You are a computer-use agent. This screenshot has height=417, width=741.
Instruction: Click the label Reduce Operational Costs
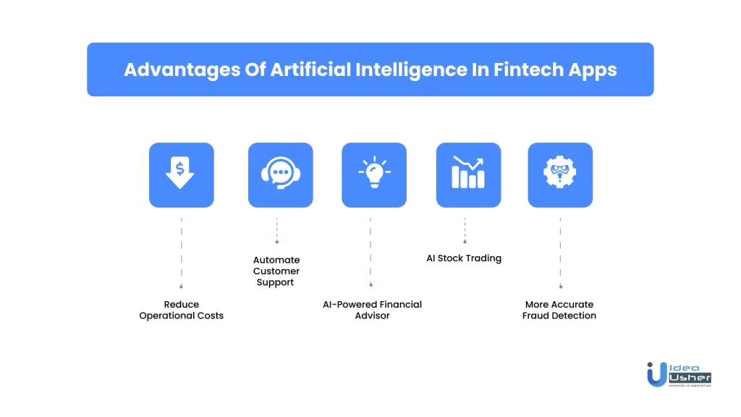coord(182,310)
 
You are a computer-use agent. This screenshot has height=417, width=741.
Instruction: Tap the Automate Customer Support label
coord(276,271)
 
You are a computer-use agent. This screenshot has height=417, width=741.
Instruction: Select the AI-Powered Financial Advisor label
coord(373,310)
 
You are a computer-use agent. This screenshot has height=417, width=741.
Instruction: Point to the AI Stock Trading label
coord(464,258)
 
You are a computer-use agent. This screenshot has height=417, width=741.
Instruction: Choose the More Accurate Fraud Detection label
coord(559,310)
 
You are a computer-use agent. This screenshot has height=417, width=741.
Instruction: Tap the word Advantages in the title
coord(182,70)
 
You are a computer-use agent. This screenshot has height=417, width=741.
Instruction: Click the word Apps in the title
coord(593,70)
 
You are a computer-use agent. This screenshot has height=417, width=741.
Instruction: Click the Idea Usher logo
coord(679,375)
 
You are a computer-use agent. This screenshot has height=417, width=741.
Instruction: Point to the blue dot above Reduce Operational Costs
coord(181,287)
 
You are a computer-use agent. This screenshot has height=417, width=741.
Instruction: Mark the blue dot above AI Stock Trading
coord(465,242)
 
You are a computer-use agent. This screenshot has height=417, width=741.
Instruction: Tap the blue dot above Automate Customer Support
coord(277,242)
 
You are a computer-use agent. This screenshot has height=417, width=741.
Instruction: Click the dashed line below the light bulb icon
coord(370,250)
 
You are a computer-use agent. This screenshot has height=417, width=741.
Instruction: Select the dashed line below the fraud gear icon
coord(561,251)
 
